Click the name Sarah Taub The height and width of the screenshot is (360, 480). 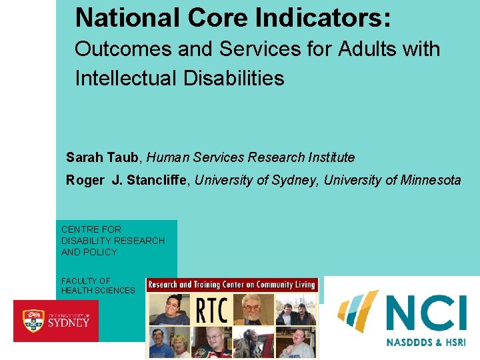(x=103, y=158)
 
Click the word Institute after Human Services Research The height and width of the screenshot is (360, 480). (x=329, y=158)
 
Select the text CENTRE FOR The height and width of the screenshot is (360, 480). (x=91, y=229)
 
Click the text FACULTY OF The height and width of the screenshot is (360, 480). (x=86, y=281)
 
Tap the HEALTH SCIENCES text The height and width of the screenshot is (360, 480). (x=98, y=291)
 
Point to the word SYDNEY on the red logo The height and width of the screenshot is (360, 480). (x=69, y=323)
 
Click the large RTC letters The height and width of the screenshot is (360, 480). (x=212, y=309)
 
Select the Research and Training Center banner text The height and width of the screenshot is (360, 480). (x=231, y=285)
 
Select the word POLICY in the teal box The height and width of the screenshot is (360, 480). (x=99, y=252)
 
